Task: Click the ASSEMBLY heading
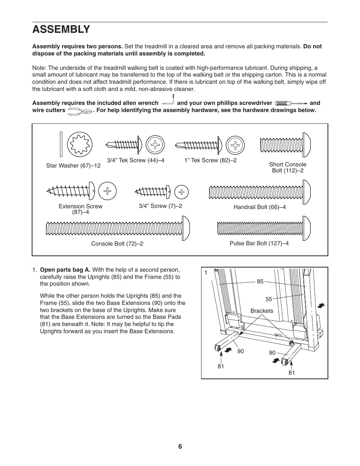click(x=61, y=29)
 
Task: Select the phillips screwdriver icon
click(x=291, y=103)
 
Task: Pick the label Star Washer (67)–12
click(x=73, y=166)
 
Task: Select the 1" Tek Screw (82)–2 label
click(x=210, y=160)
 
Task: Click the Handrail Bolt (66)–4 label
click(x=259, y=207)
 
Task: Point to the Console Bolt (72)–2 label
click(x=117, y=244)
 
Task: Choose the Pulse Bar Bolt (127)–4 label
click(x=259, y=243)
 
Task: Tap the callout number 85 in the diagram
click(x=260, y=281)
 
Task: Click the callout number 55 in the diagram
click(x=268, y=299)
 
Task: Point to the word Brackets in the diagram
click(x=262, y=311)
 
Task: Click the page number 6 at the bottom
click(x=180, y=446)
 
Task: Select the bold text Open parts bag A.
click(x=65, y=270)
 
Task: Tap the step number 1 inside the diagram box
click(x=206, y=273)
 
